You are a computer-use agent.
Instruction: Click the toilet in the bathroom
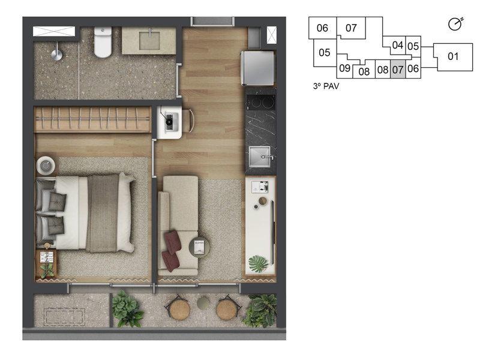click(x=103, y=43)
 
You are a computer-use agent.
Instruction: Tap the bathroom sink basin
click(x=149, y=41)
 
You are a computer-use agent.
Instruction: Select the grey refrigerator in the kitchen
click(x=259, y=68)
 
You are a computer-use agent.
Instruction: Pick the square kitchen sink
click(x=260, y=157)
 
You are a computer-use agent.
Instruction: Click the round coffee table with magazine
click(x=199, y=247)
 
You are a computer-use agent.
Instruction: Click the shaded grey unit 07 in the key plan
click(x=397, y=69)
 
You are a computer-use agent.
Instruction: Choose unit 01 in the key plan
click(x=453, y=57)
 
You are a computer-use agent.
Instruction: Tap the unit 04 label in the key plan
click(x=397, y=45)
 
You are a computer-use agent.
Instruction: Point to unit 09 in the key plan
click(x=344, y=68)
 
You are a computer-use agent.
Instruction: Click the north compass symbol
click(x=455, y=24)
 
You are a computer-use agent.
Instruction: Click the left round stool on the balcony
click(x=179, y=309)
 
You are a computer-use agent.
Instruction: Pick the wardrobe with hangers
click(x=92, y=120)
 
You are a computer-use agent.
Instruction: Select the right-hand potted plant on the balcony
click(x=261, y=310)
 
